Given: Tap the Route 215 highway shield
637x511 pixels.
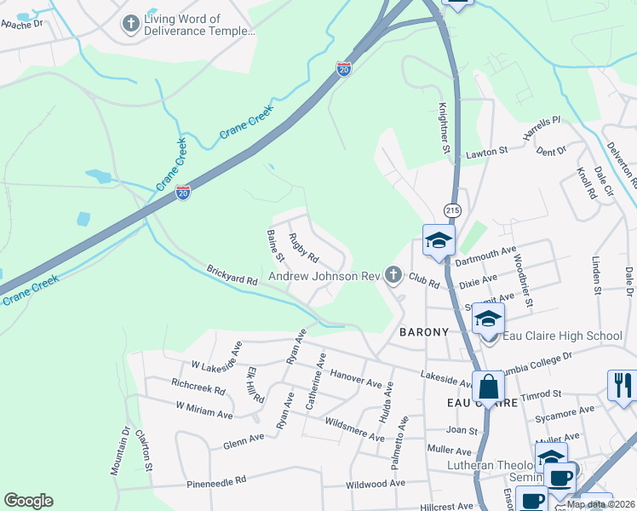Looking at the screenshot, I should click(451, 210).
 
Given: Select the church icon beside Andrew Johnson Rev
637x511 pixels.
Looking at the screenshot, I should click(393, 274).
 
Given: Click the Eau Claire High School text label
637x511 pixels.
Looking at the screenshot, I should click(563, 336).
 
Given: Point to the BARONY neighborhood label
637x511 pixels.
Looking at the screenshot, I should click(424, 332).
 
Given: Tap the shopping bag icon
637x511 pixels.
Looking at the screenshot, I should click(490, 386).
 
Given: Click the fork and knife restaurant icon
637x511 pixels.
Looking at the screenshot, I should click(622, 384).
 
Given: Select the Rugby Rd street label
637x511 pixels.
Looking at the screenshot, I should click(303, 248).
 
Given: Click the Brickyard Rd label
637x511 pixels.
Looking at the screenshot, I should click(232, 275).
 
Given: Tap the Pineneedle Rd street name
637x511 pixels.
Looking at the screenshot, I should click(217, 481).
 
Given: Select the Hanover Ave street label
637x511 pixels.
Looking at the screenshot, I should click(356, 379).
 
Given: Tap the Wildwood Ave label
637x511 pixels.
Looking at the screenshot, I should click(373, 484).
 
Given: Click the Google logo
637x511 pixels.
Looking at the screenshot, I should click(28, 501).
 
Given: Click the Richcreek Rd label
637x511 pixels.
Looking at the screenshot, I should click(198, 388).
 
